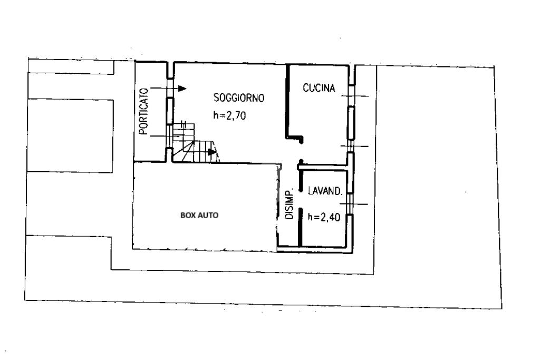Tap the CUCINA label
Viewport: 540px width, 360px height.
point(319,89)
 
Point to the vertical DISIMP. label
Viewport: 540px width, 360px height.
point(289,204)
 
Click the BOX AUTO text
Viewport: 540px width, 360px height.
point(199,215)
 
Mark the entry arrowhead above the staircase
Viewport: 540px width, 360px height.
point(182,89)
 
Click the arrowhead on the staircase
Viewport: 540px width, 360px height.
point(212,153)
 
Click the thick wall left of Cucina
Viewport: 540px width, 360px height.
point(287,100)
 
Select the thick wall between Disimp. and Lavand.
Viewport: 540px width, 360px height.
point(300,227)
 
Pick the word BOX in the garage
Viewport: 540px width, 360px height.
point(188,215)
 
